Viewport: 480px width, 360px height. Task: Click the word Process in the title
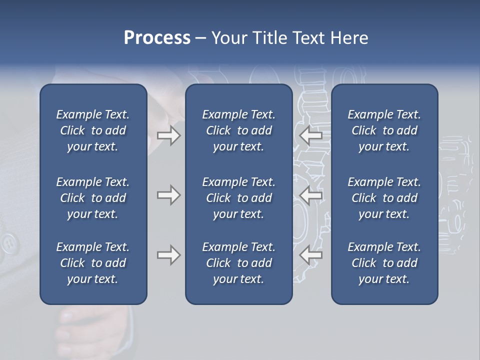(157, 38)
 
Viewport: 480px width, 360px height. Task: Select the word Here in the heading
(349, 38)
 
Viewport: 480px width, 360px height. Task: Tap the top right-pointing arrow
(168, 135)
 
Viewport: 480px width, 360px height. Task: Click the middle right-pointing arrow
(168, 195)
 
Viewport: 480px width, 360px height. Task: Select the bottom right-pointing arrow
(168, 255)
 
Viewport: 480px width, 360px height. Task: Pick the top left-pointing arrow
(311, 135)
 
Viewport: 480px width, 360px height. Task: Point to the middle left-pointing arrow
(311, 195)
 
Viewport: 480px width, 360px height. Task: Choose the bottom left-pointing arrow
(311, 255)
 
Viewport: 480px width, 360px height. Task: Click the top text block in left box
(93, 130)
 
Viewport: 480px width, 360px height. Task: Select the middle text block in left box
(93, 198)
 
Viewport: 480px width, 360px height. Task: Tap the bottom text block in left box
(93, 263)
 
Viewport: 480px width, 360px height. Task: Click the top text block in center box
(238, 130)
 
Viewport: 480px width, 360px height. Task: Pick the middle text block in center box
(238, 198)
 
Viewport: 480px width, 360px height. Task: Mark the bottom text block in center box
(238, 263)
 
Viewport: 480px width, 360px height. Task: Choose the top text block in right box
(384, 130)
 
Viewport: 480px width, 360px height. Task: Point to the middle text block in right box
(384, 198)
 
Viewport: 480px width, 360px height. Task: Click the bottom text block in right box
(384, 263)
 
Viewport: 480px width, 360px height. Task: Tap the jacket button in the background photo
(8, 243)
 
